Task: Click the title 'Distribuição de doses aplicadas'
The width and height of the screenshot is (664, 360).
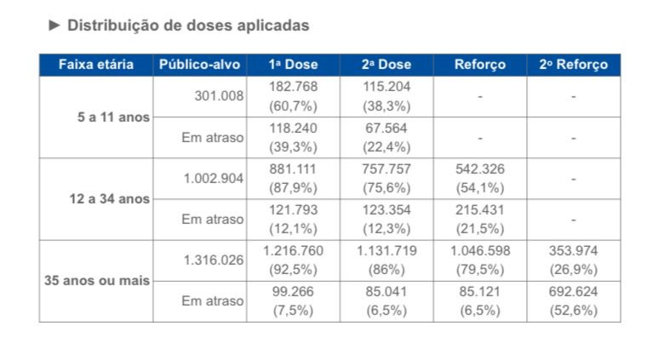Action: (x=187, y=26)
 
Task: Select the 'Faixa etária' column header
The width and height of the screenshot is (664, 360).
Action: (x=95, y=65)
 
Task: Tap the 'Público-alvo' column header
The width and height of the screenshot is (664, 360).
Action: (x=200, y=65)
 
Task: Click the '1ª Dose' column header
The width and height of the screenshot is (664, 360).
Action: (x=293, y=65)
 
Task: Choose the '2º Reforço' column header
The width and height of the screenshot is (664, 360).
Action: (x=573, y=65)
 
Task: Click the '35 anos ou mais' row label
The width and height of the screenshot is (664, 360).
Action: (x=96, y=280)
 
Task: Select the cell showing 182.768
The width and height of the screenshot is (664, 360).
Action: (x=293, y=87)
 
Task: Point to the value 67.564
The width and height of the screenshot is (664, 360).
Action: (x=386, y=128)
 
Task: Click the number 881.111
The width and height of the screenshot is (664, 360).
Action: (x=293, y=169)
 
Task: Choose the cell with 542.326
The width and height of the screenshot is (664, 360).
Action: (x=479, y=169)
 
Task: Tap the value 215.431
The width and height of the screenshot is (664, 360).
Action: (x=479, y=209)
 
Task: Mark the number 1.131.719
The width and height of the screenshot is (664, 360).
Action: (x=386, y=250)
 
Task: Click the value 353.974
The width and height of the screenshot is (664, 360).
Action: (x=573, y=250)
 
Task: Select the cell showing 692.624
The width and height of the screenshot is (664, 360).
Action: (x=573, y=291)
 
